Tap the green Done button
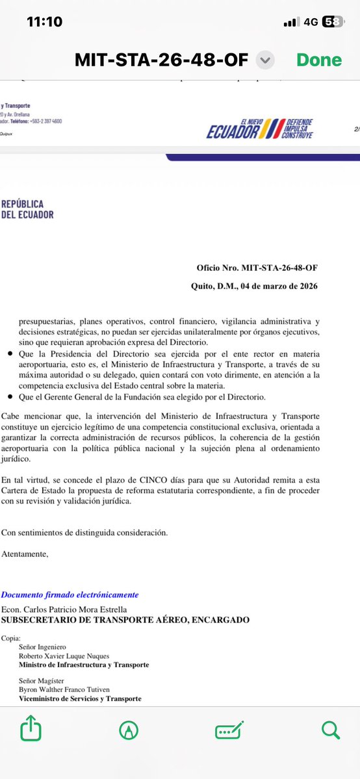[319, 60]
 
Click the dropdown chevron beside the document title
[264, 60]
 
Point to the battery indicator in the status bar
[333, 21]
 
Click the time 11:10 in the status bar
[44, 21]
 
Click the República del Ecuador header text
[27, 208]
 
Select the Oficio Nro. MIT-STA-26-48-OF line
[257, 268]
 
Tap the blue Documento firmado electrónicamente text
[69, 594]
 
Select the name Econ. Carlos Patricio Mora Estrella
[64, 609]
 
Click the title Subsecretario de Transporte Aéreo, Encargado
[125, 620]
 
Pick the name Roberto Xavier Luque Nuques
[64, 656]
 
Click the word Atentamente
[24, 554]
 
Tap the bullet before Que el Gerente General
[6, 396]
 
